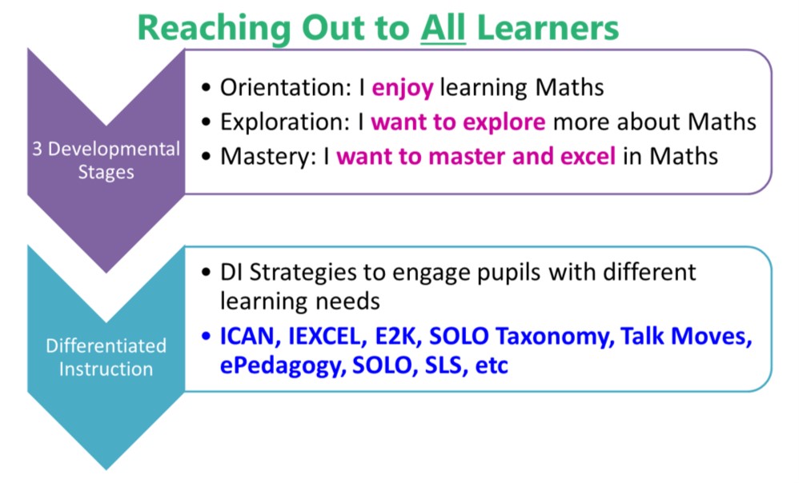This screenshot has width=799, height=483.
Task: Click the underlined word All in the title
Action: (443, 28)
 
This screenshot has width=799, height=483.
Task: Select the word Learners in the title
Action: (548, 28)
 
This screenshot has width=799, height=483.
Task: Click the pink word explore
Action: (504, 123)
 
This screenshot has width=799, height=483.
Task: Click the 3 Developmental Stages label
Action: (106, 160)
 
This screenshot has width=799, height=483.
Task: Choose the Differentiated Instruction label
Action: (106, 357)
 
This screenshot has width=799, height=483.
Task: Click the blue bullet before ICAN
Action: (206, 337)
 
